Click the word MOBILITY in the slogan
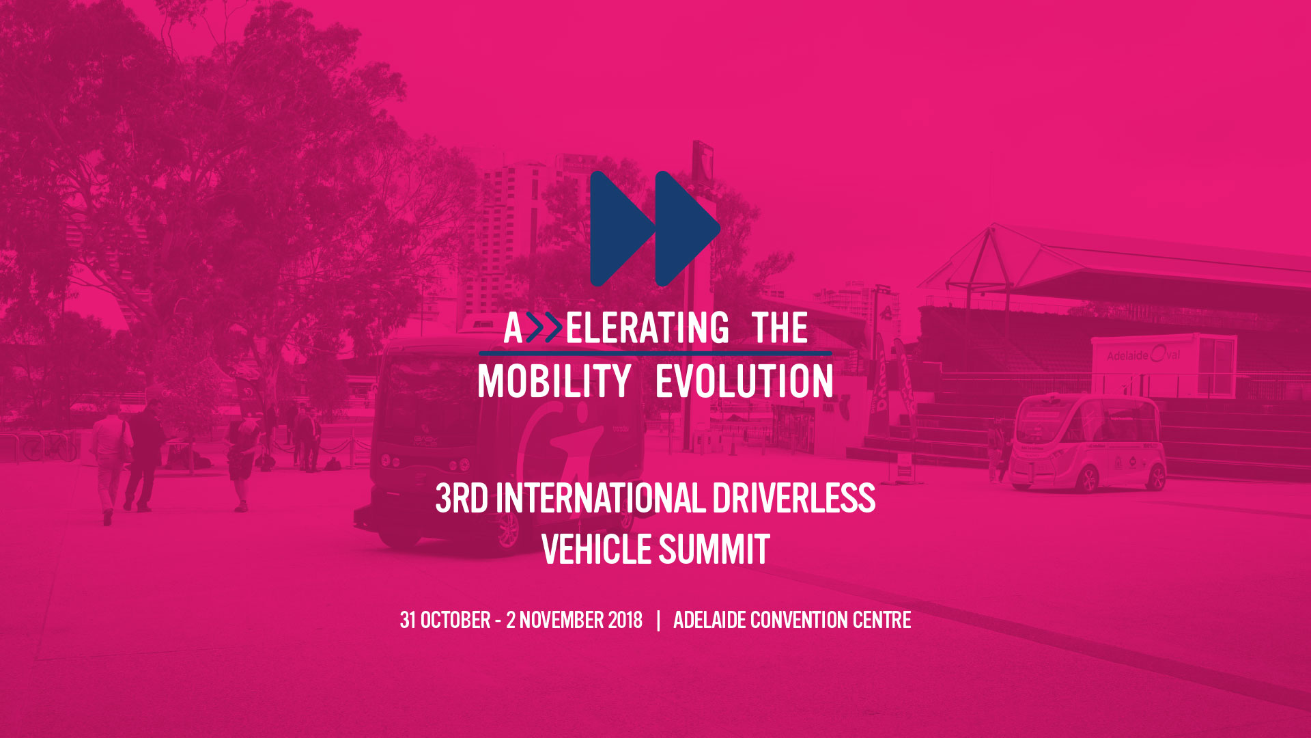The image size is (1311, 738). (x=554, y=381)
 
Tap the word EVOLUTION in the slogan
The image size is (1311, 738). (x=744, y=381)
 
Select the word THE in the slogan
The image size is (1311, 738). (x=780, y=328)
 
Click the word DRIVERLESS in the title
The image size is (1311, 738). (x=794, y=498)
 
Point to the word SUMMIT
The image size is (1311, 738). (x=714, y=549)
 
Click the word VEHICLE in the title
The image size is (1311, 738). (x=597, y=549)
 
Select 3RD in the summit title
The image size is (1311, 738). (x=462, y=498)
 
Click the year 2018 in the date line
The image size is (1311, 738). (x=625, y=620)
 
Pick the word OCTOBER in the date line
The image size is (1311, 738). (x=455, y=620)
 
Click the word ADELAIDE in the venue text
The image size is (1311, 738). (x=709, y=620)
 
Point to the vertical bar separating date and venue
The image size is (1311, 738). (x=658, y=620)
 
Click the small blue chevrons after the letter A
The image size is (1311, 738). (x=544, y=328)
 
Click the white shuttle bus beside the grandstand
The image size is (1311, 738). (x=1087, y=442)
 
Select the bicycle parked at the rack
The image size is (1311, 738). (x=50, y=448)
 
